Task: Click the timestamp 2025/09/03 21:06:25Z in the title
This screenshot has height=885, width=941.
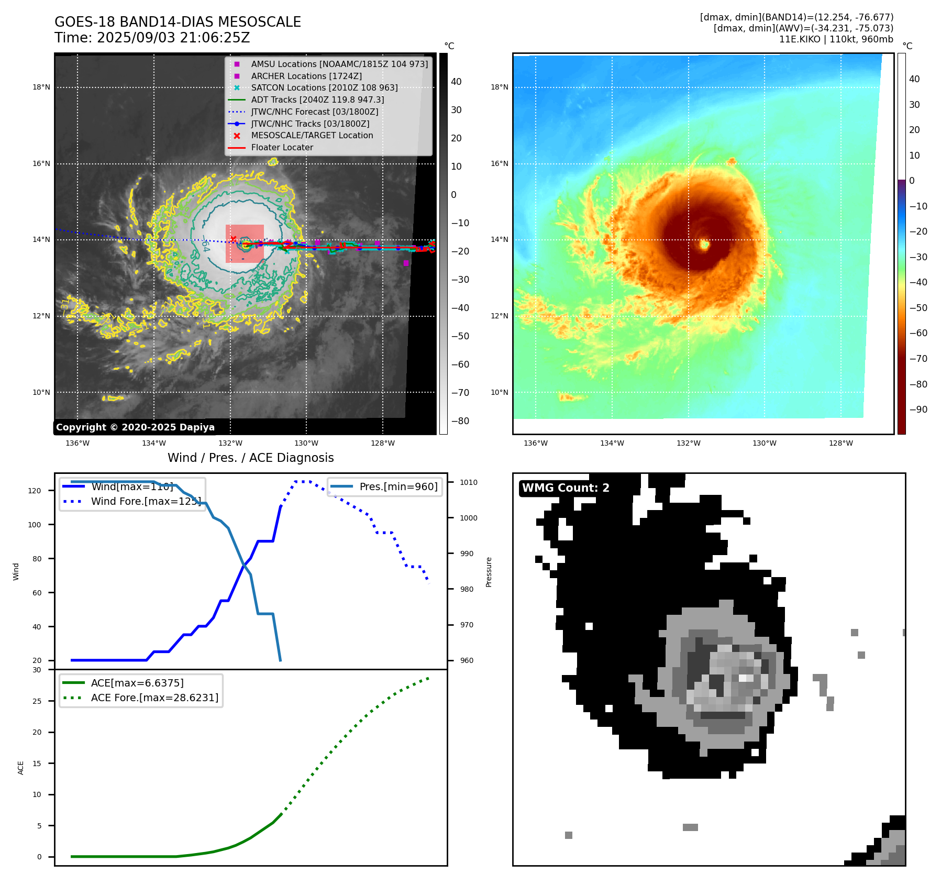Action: click(173, 38)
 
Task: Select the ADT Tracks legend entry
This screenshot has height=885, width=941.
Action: click(317, 99)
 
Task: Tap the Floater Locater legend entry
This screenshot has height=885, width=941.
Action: click(282, 148)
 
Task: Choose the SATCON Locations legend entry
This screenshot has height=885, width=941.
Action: click(324, 88)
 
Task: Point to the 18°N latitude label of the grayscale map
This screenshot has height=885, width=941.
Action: click(41, 87)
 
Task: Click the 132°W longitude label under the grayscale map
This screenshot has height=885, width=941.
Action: click(230, 444)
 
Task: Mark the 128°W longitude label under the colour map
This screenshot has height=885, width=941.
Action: click(840, 444)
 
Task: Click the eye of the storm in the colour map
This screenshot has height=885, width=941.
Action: click(704, 244)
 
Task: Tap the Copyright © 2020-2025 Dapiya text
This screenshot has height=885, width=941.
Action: click(135, 427)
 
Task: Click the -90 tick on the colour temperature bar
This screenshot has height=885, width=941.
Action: click(918, 410)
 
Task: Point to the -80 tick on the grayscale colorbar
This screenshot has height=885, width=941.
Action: click(460, 421)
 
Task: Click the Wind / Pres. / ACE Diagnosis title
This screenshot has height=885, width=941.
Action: click(250, 458)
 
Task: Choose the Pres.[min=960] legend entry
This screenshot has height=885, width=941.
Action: click(398, 486)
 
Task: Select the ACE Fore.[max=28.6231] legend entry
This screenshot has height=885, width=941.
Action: click(154, 698)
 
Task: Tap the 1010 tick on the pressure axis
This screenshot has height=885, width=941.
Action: click(469, 482)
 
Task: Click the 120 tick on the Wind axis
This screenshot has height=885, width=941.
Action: click(35, 491)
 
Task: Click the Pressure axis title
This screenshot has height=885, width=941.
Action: click(489, 572)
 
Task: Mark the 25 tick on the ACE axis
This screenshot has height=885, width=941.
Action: click(37, 701)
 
